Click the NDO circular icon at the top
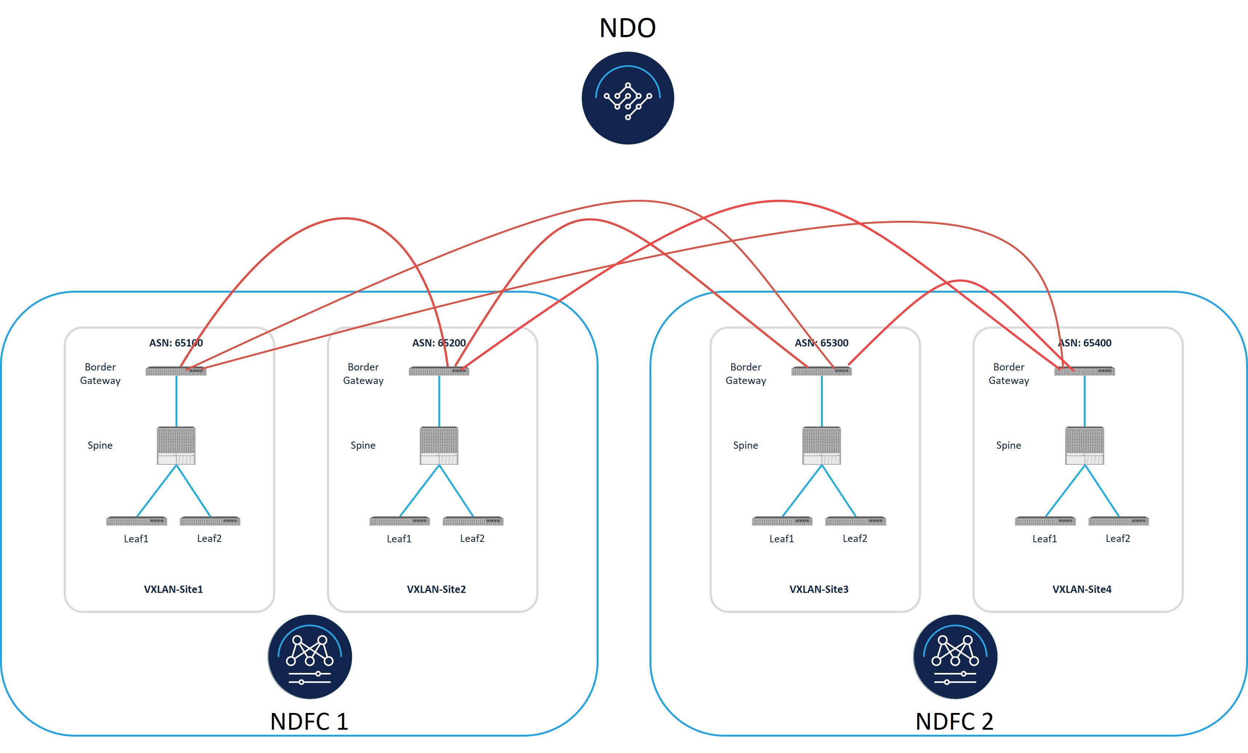point(628,98)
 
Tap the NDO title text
point(628,28)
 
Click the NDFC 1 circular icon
point(309,657)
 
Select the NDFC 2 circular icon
point(955,657)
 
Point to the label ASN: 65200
point(439,343)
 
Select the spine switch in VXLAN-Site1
point(176,445)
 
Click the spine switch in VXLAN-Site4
point(1085,445)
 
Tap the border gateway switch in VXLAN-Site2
point(439,371)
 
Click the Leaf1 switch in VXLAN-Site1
point(136,521)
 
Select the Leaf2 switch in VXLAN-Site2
point(473,521)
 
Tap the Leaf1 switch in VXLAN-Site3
point(782,521)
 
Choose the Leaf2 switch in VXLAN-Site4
point(1118,521)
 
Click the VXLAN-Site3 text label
point(818,589)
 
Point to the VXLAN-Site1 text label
point(173,589)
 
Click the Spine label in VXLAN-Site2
point(363,445)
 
